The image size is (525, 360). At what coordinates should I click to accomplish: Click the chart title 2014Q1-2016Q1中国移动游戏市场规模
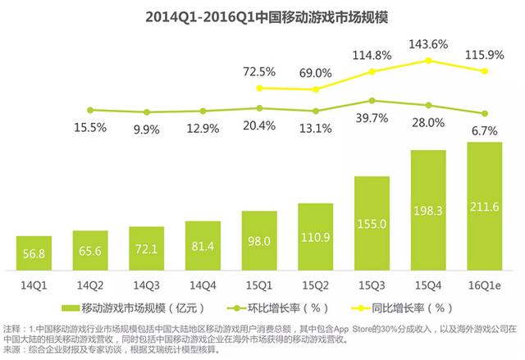pos(262,16)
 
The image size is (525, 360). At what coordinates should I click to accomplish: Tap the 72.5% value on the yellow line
pos(259,72)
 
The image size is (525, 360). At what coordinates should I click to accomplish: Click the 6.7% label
pos(491,130)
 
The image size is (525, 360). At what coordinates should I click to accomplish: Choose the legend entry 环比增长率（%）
pos(283,308)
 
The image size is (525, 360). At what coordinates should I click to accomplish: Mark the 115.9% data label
pos(491,54)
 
